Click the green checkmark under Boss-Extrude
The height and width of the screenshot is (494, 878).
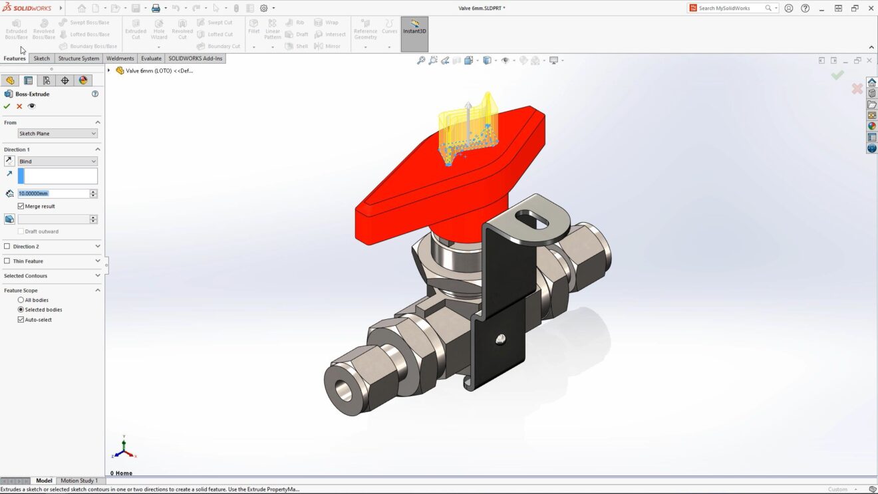pos(7,106)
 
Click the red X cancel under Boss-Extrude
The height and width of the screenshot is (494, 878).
pos(19,106)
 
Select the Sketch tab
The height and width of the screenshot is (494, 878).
pos(41,59)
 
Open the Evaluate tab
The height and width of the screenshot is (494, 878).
pos(151,59)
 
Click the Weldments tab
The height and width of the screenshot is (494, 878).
pos(120,59)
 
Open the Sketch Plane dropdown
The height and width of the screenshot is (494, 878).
pos(57,134)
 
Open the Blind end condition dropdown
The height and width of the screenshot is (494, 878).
pos(57,162)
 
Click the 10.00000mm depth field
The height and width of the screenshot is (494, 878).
pos(53,193)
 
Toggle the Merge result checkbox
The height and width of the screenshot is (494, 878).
pos(21,206)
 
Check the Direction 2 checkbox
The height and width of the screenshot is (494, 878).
pos(7,247)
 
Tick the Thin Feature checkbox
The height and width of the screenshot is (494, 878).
pos(7,261)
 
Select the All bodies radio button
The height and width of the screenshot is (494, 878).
pos(21,300)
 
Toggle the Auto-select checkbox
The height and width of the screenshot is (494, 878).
pos(21,320)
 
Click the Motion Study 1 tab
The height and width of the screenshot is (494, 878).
pos(79,481)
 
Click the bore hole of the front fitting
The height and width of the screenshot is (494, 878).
pos(344,390)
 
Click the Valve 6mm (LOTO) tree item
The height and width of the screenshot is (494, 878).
pos(158,70)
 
